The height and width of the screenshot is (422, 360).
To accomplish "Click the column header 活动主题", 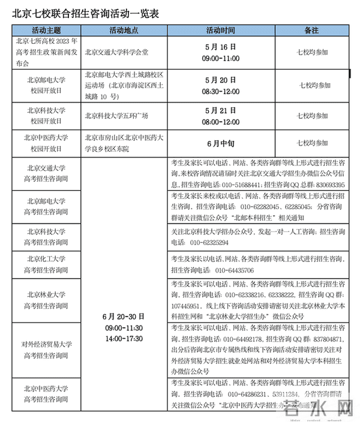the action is pyautogui.click(x=47, y=30).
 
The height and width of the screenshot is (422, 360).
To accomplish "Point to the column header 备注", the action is pyautogui.click(x=311, y=30).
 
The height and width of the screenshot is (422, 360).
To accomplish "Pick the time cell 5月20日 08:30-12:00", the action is pyautogui.click(x=220, y=85).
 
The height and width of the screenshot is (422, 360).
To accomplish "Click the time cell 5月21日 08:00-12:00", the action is pyautogui.click(x=220, y=116).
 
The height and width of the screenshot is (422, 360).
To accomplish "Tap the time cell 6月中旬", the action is pyautogui.click(x=220, y=143).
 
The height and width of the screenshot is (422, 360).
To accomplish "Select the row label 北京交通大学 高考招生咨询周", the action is pyautogui.click(x=47, y=174).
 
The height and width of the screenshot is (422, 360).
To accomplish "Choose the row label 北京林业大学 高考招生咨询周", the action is pyautogui.click(x=47, y=300).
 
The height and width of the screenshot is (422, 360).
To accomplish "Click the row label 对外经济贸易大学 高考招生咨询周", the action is pyautogui.click(x=47, y=350).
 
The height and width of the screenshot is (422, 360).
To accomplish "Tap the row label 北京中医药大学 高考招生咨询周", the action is pyautogui.click(x=47, y=394).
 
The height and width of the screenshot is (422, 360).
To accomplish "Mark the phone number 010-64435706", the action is pyautogui.click(x=234, y=270).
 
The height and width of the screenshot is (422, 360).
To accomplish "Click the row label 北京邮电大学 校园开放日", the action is pyautogui.click(x=47, y=85).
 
